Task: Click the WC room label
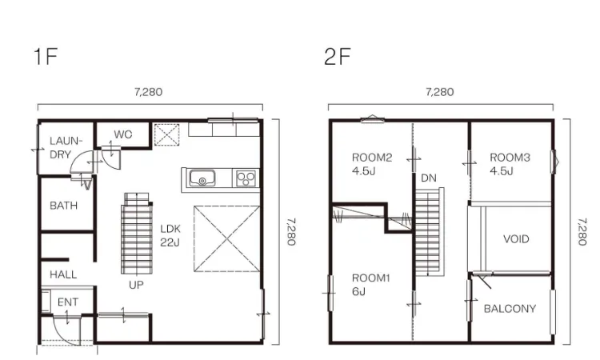123,134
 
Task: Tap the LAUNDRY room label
66,148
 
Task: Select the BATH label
63,206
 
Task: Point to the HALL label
63,274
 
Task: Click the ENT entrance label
68,302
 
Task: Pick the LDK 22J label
170,236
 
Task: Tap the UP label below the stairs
136,285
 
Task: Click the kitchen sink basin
202,178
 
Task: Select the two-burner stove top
246,178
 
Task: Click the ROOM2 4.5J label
372,164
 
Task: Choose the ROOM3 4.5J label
510,164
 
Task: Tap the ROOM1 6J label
370,285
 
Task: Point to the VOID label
516,239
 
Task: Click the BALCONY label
510,309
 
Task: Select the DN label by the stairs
429,178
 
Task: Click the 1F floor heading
46,56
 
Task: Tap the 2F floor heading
337,56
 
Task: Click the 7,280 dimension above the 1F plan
149,92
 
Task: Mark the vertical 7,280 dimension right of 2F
582,232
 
